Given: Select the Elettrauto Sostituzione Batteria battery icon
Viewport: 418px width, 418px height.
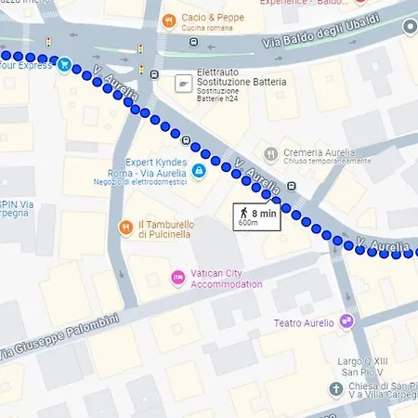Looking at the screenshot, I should tap(184, 85).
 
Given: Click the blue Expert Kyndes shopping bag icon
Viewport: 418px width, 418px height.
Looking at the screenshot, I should tap(199, 171).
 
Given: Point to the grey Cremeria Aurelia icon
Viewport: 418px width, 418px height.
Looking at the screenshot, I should tap(269, 154).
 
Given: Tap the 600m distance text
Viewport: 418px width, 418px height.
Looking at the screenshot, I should tap(248, 223).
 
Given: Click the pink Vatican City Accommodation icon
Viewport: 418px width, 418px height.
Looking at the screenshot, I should tap(176, 278).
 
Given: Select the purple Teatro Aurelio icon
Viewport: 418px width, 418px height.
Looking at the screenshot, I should tap(346, 321).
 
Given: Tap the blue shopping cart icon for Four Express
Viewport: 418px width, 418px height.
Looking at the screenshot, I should tap(64, 65).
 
